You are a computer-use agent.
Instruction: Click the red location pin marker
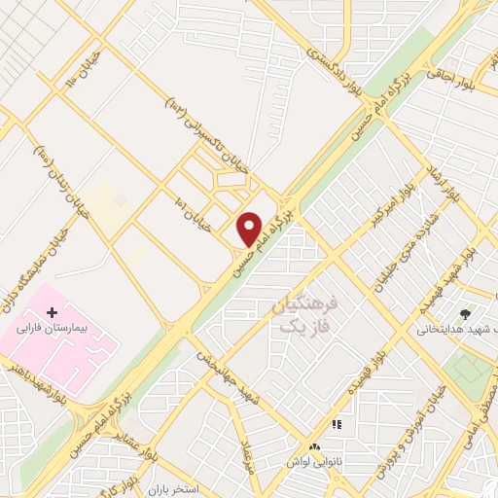(x=250, y=229)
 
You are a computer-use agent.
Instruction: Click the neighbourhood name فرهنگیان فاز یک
(x=303, y=315)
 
